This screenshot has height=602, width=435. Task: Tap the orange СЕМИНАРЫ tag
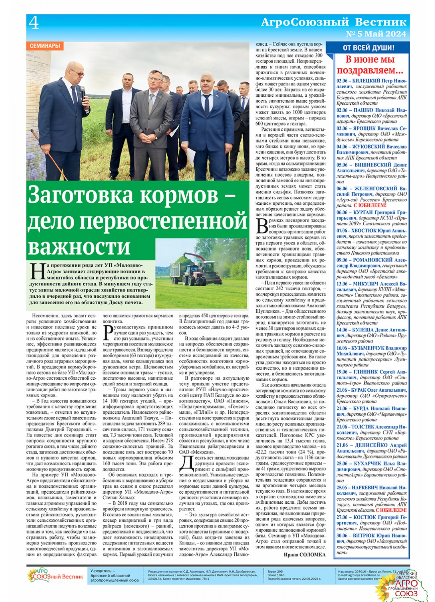(45, 46)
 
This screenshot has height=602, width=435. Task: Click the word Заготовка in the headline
(80, 195)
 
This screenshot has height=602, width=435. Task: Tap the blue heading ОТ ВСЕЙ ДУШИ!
(368, 48)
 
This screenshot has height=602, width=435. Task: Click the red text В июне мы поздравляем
(370, 65)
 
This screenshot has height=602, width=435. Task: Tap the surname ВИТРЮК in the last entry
(367, 535)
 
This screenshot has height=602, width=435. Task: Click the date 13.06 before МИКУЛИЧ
(342, 284)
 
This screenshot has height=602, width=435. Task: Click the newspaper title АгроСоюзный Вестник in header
(333, 22)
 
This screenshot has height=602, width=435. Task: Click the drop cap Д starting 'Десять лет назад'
(186, 464)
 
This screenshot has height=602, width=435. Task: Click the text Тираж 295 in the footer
(275, 571)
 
